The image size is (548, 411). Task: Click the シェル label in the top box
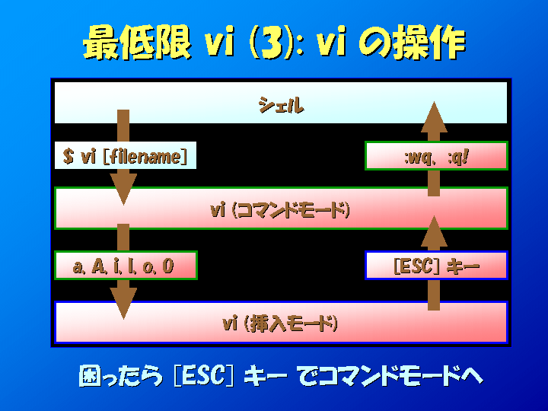click(281, 105)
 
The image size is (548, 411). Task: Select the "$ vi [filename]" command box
click(126, 155)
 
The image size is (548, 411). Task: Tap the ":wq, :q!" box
click(436, 155)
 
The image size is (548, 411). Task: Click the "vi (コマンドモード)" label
click(280, 210)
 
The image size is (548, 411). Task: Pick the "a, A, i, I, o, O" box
click(126, 266)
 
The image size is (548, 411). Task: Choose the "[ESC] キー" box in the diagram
click(436, 266)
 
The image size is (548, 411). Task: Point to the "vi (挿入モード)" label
click(280, 323)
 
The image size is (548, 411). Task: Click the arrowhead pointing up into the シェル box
click(434, 117)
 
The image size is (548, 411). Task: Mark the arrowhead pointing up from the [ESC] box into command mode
click(434, 231)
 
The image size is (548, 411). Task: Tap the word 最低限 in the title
click(137, 43)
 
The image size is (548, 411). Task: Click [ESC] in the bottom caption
click(204, 376)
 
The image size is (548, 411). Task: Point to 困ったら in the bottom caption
click(120, 376)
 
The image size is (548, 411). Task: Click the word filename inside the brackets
click(145, 156)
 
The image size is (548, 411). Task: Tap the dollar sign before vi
click(68, 156)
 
